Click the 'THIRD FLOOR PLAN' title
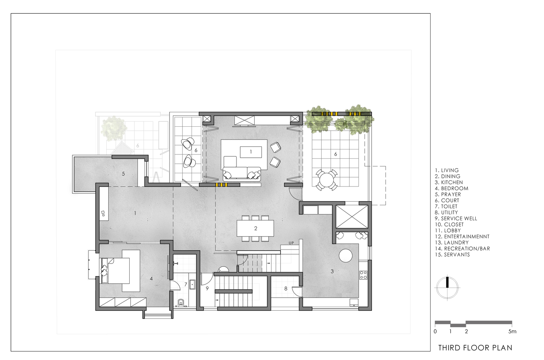pyautogui.click(x=475, y=348)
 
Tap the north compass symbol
pyautogui.click(x=448, y=288)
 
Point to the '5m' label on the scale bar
pyautogui.click(x=512, y=331)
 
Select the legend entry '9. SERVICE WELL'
pyautogui.click(x=456, y=219)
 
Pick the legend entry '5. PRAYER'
pyautogui.click(x=448, y=194)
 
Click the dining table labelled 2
pyautogui.click(x=255, y=228)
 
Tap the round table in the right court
pyautogui.click(x=327, y=180)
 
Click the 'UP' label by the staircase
pyautogui.click(x=291, y=243)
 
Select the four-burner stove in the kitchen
pyautogui.click(x=363, y=275)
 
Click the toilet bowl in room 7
pyautogui.click(x=181, y=303)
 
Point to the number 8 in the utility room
pyautogui.click(x=286, y=289)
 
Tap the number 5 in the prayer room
pyautogui.click(x=123, y=174)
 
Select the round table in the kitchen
pyautogui.click(x=345, y=256)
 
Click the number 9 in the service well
pyautogui.click(x=207, y=289)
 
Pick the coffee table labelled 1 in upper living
pyautogui.click(x=251, y=152)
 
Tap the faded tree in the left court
pyautogui.click(x=113, y=129)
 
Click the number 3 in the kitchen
pyautogui.click(x=332, y=271)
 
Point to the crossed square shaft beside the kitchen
pyautogui.click(x=352, y=217)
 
